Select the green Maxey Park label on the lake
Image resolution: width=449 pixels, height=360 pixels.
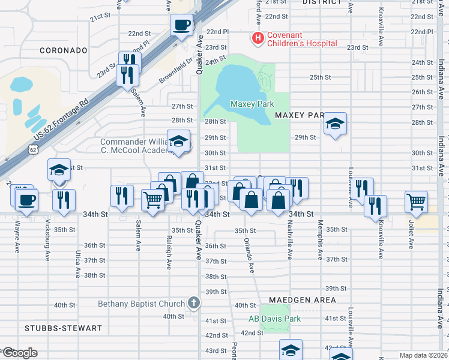[252, 104]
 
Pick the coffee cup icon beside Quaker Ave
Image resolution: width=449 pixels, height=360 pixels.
[181, 25]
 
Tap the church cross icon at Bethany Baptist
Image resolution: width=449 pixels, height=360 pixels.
[193, 304]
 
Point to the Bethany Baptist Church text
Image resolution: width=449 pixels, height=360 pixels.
[141, 304]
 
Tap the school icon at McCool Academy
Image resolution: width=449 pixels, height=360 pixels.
[178, 142]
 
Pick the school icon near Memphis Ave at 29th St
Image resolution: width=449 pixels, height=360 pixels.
[335, 124]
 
